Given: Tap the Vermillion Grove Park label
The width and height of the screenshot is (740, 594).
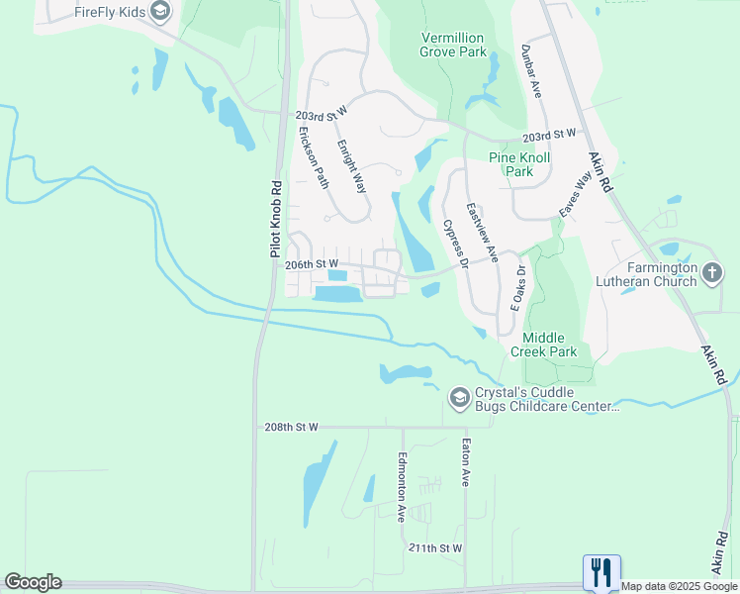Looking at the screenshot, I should [x=452, y=44].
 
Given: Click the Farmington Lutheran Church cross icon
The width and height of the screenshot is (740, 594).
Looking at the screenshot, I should [x=712, y=271].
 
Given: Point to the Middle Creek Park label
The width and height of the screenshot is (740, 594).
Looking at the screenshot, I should [x=543, y=344].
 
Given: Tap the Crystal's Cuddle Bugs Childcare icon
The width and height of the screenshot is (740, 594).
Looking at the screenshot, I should [x=458, y=397].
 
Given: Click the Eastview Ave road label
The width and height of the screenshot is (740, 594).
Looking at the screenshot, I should [x=482, y=233].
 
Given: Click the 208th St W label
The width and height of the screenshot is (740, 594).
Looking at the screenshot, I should [x=291, y=427].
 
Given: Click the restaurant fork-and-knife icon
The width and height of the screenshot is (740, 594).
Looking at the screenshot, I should [x=601, y=572].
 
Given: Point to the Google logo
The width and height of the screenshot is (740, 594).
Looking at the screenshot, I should [x=33, y=582].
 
